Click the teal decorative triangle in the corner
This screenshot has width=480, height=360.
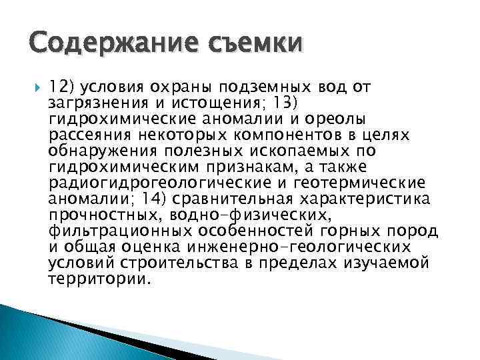(33, 333)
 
